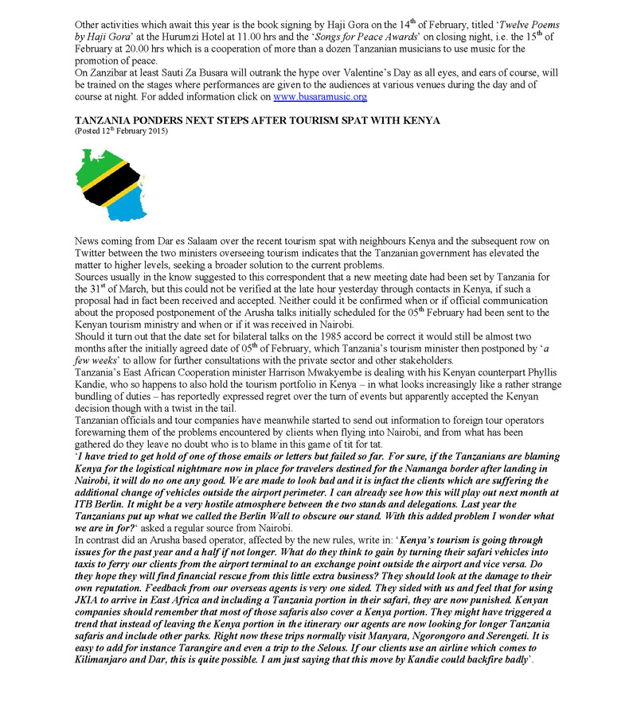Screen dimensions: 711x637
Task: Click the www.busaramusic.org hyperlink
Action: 319,97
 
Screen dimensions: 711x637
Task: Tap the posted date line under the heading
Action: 120,130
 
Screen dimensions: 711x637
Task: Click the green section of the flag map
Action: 93,164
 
